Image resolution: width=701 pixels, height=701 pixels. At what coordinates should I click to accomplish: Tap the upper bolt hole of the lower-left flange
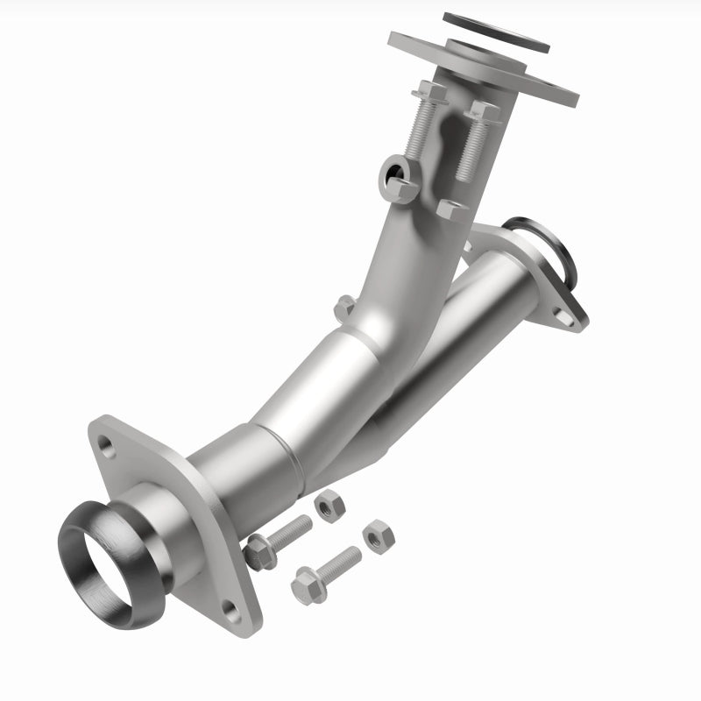point(107,446)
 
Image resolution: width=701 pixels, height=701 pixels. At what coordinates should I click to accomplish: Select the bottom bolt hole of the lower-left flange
point(229,605)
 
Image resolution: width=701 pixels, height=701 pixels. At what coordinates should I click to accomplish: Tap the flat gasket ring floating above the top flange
point(497,32)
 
